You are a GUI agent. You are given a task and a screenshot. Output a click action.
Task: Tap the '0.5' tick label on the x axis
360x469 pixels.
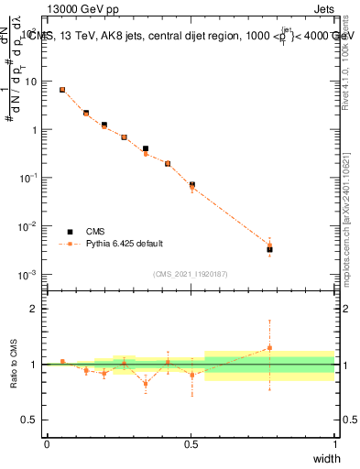[191, 444]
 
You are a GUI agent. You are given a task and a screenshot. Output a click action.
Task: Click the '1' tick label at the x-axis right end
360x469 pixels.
[334, 444]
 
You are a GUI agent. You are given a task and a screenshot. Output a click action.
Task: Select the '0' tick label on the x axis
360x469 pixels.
[47, 444]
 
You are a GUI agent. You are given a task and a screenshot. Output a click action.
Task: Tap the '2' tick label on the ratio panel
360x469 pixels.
[36, 309]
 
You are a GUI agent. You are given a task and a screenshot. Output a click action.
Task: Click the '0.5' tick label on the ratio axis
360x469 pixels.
[31, 420]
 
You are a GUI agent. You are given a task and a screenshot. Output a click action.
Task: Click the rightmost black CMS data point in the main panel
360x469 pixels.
[269, 249]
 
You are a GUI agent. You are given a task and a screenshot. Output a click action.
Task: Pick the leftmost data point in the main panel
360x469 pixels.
[61, 90]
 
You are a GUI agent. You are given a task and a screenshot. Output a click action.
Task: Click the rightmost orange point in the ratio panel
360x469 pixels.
[269, 348]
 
